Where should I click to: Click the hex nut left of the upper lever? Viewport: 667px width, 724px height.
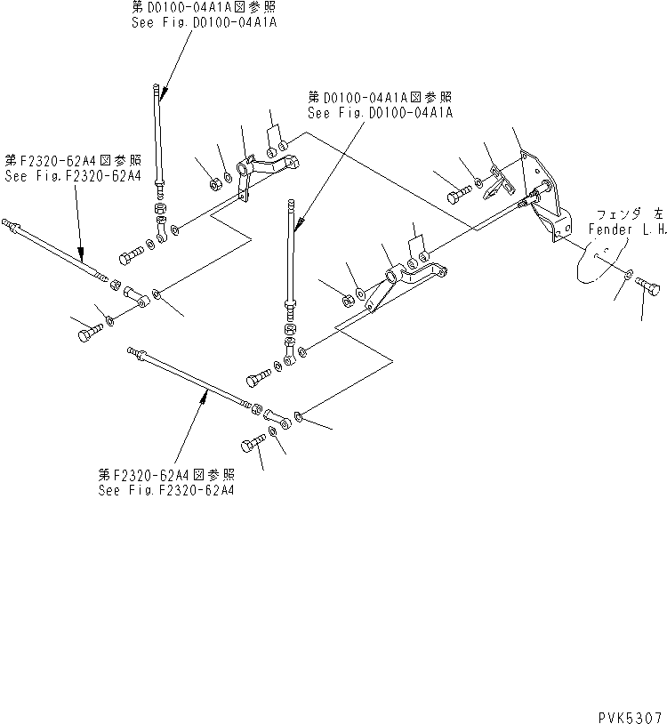coord(214,185)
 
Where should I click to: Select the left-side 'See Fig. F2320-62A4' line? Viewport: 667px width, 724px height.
coord(73,176)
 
